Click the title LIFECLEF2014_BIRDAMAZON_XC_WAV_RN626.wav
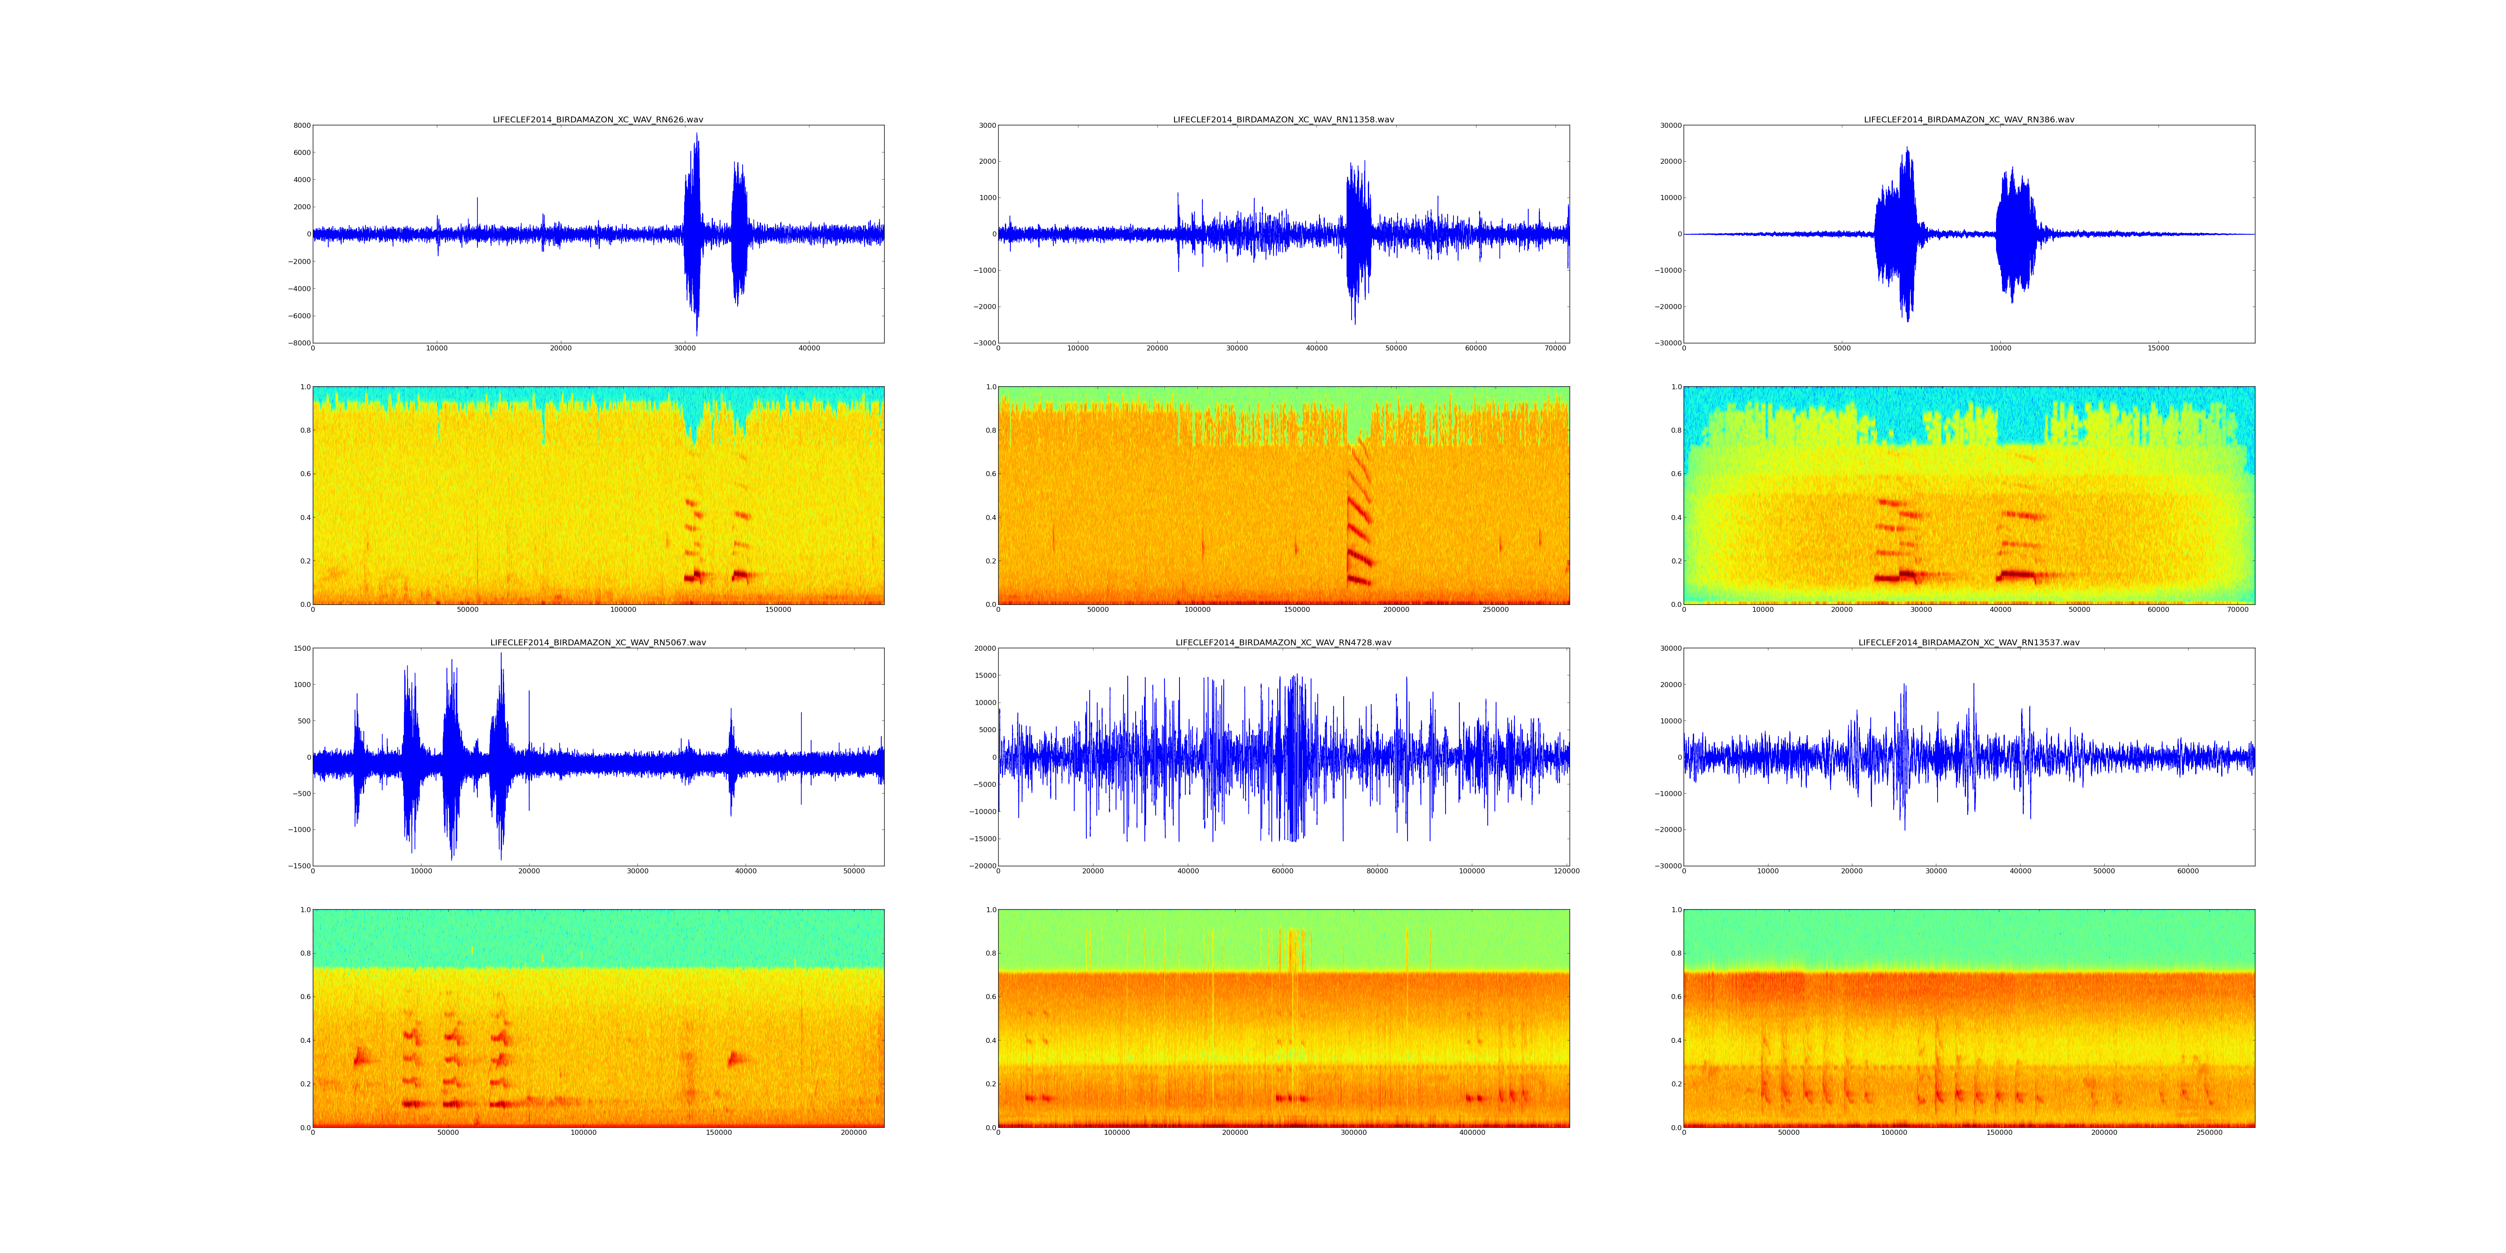(597, 119)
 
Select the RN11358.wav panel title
(1283, 119)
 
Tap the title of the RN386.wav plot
(1968, 119)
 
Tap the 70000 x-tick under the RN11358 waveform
(1555, 348)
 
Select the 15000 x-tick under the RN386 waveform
(2158, 348)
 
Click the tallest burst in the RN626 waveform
(695, 233)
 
